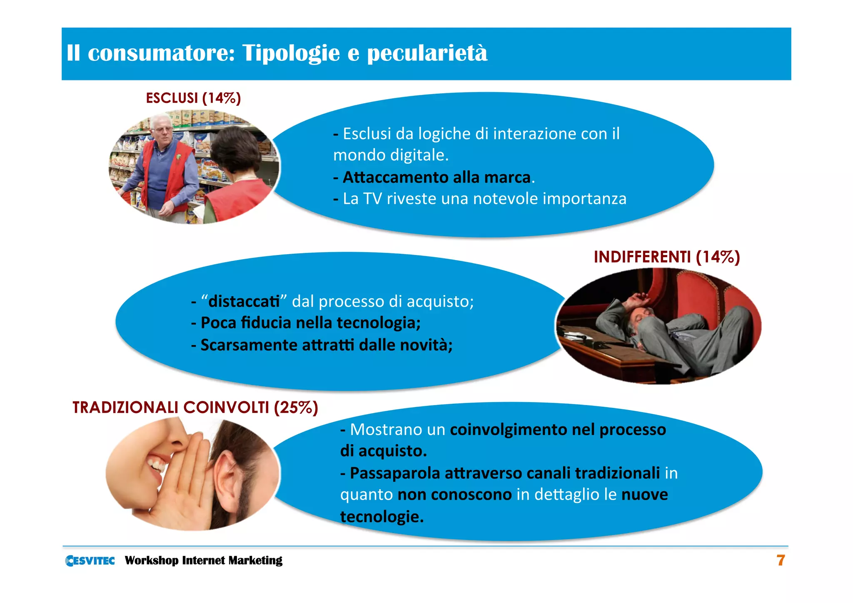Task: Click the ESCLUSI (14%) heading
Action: (193, 98)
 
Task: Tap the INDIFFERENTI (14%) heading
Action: (666, 257)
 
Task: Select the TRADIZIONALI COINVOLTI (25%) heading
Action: (195, 408)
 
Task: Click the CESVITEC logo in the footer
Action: (90, 560)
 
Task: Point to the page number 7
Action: (781, 560)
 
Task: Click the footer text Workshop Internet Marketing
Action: (203, 560)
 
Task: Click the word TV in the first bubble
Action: (372, 199)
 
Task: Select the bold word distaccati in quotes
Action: (244, 301)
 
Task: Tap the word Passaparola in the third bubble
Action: (394, 473)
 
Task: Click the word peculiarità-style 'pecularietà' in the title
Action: (427, 54)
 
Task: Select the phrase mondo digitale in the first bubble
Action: (390, 155)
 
